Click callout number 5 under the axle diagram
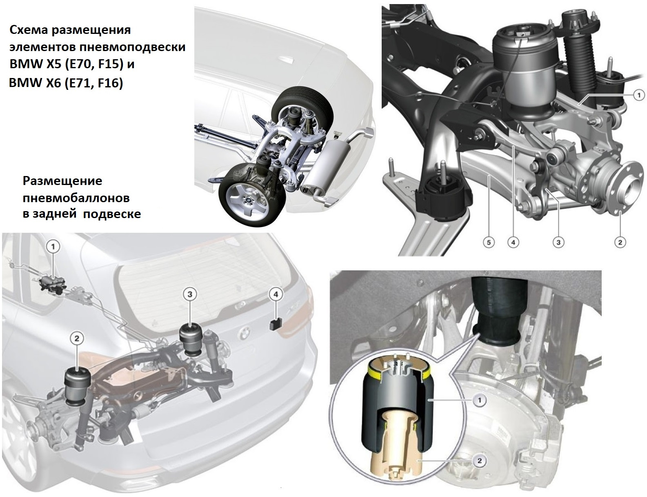click(x=489, y=243)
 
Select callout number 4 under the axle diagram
click(x=513, y=243)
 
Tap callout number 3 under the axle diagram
click(x=558, y=243)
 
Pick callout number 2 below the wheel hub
click(x=620, y=243)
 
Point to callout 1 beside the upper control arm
click(x=638, y=95)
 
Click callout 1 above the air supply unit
click(x=53, y=247)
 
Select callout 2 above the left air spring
click(x=77, y=338)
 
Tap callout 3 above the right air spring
click(x=190, y=294)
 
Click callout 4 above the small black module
click(x=276, y=294)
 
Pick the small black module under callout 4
click(x=276, y=324)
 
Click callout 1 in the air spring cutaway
click(x=479, y=401)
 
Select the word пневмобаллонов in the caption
click(x=76, y=198)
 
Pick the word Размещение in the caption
click(x=62, y=181)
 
